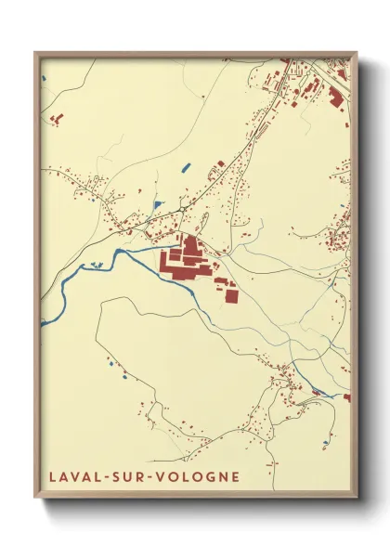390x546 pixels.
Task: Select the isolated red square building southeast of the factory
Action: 231,295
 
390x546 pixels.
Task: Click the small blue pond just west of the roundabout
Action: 159,204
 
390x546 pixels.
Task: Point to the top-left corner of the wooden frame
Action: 35,52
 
